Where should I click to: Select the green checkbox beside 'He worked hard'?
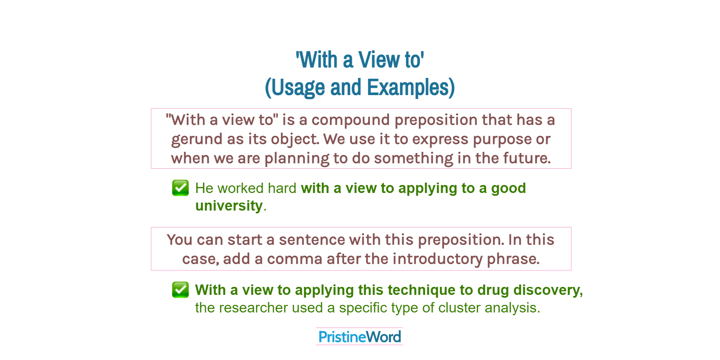pyautogui.click(x=180, y=188)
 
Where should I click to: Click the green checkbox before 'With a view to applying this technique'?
pyautogui.click(x=180, y=290)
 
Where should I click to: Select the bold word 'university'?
pyautogui.click(x=229, y=206)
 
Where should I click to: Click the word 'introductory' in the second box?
pyautogui.click(x=438, y=259)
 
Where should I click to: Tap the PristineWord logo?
pyautogui.click(x=359, y=336)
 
